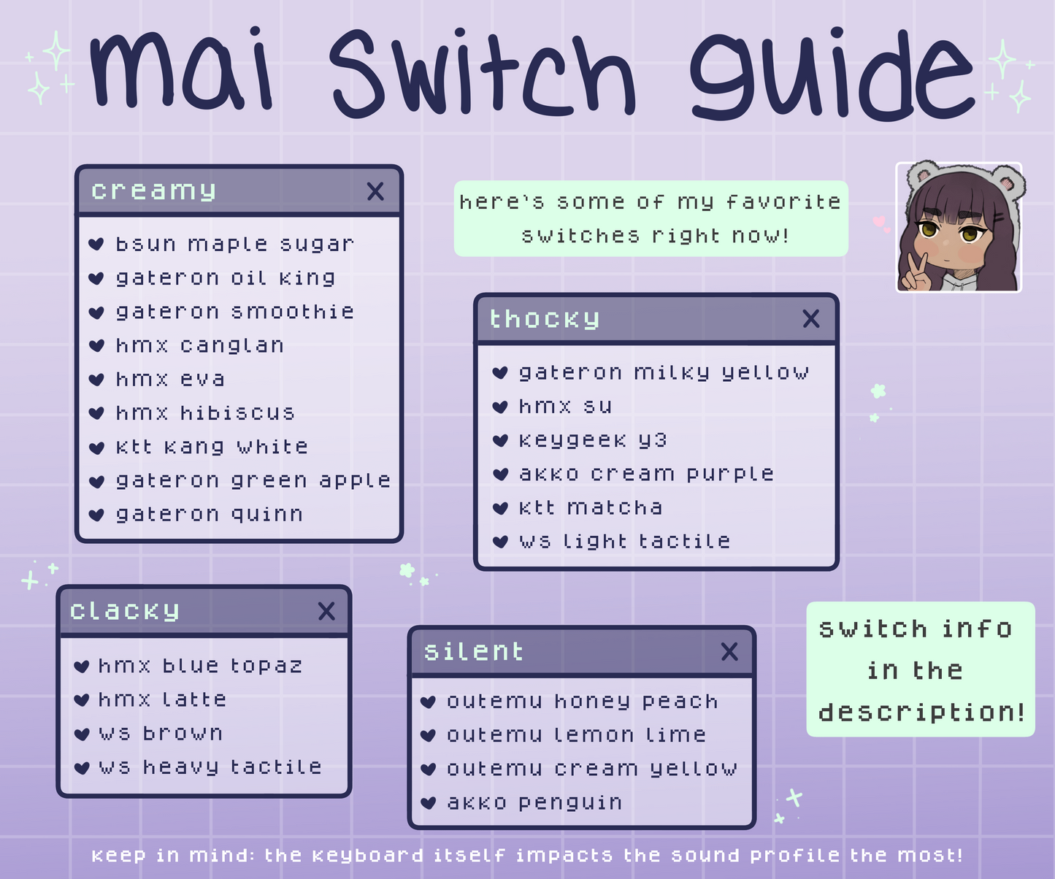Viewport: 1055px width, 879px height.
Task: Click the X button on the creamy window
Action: click(x=375, y=191)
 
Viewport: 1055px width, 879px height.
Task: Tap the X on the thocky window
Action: click(x=811, y=319)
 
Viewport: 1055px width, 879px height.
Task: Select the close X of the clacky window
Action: click(x=326, y=611)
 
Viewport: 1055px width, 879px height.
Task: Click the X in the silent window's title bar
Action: click(x=729, y=652)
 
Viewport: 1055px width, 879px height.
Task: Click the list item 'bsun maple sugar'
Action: click(x=235, y=245)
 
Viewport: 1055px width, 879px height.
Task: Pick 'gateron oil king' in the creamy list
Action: click(x=226, y=278)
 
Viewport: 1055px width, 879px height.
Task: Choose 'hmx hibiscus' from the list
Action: click(x=205, y=413)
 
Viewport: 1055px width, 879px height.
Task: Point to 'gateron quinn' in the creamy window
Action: click(x=210, y=515)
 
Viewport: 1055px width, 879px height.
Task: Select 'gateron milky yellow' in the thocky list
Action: click(x=664, y=373)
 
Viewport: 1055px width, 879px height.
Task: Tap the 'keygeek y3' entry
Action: click(x=593, y=440)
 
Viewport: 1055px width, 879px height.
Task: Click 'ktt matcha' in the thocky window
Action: click(x=591, y=507)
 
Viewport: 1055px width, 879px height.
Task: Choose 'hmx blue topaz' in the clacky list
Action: click(x=200, y=666)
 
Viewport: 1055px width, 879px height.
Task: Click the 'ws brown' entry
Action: click(x=161, y=733)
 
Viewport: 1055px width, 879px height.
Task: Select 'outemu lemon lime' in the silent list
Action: click(x=577, y=735)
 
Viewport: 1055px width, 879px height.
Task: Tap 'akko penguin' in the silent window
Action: click(x=534, y=803)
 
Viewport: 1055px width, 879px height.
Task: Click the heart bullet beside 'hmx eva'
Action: click(x=96, y=380)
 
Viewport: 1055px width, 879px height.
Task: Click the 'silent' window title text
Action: click(x=473, y=652)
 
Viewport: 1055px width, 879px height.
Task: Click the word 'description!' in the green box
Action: click(x=921, y=713)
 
